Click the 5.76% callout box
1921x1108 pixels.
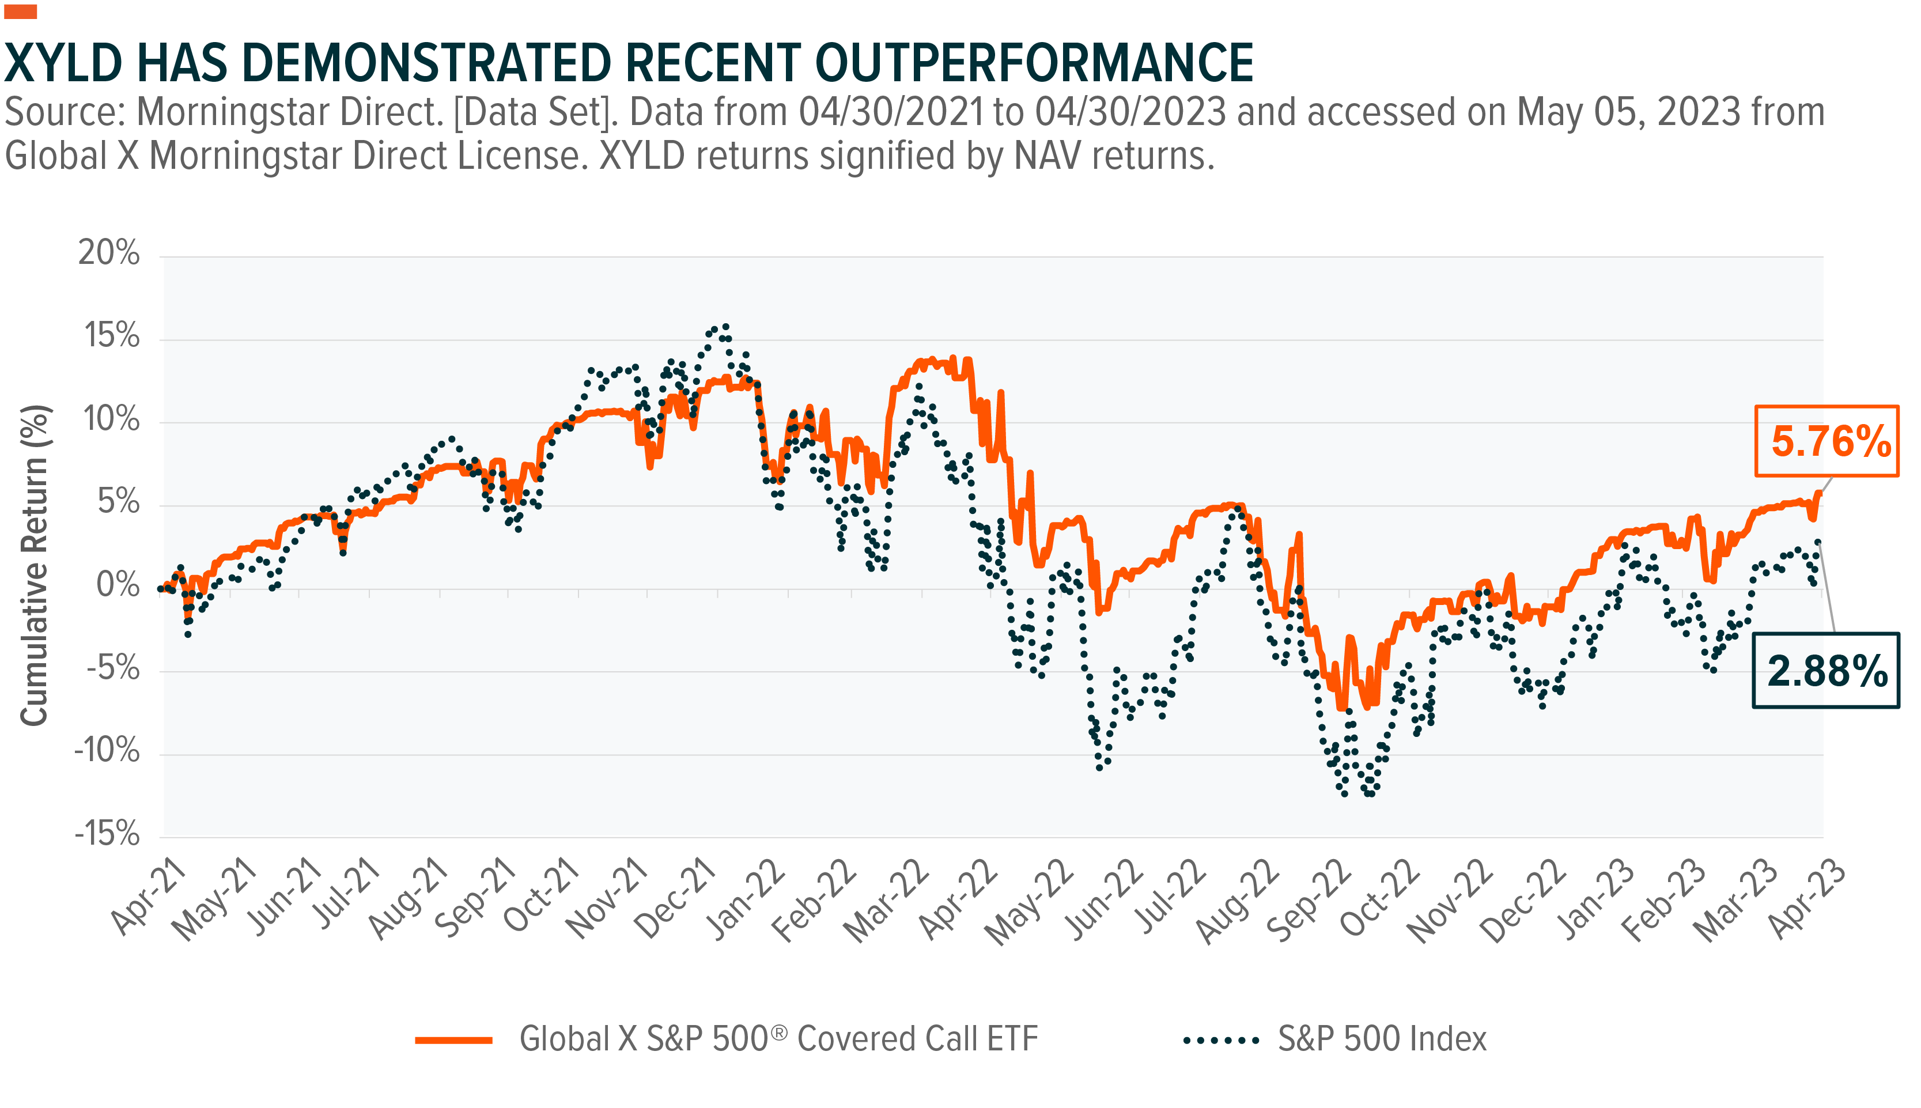click(x=1826, y=441)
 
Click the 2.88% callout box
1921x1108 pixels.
click(x=1825, y=671)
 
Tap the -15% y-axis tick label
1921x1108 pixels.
click(x=107, y=834)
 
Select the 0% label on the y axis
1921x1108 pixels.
click(x=118, y=585)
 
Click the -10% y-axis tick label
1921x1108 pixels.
click(x=107, y=751)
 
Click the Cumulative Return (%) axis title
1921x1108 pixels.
click(x=34, y=565)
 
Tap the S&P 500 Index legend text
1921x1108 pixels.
click(x=1382, y=1039)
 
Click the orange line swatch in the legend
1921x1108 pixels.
click(x=453, y=1040)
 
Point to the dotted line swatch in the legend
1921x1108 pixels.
click(x=1220, y=1040)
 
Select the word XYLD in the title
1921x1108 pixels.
click(x=64, y=63)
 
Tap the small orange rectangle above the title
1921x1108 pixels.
click(x=21, y=12)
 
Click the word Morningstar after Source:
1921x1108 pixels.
click(x=290, y=112)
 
